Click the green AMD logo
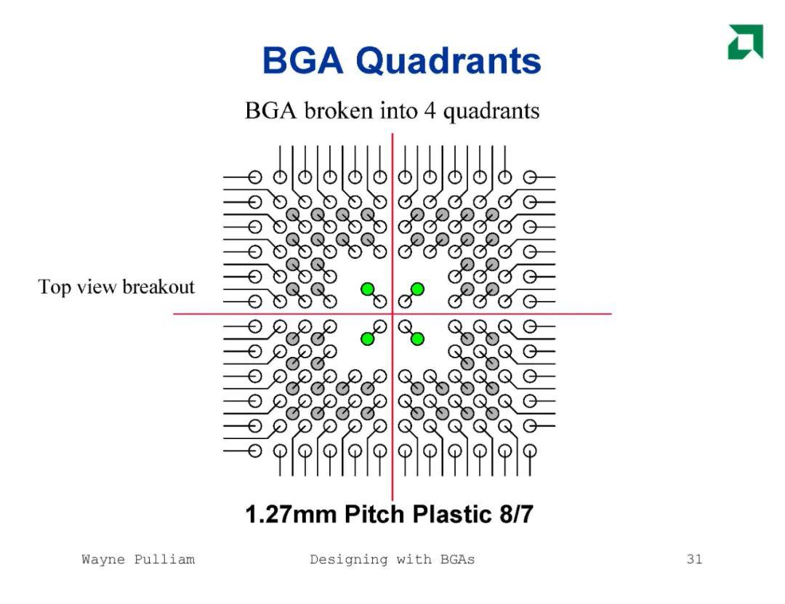[746, 41]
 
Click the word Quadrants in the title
[448, 60]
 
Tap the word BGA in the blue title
[303, 60]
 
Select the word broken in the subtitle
[339, 110]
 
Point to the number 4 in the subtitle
[430, 110]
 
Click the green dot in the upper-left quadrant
[368, 289]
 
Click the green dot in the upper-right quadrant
[417, 289]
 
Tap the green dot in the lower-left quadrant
[368, 339]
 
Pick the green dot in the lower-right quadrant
[417, 339]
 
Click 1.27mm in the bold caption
[291, 515]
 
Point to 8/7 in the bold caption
[516, 515]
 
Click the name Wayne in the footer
[103, 560]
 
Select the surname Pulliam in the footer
[164, 560]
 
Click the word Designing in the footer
[348, 560]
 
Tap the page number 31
[694, 559]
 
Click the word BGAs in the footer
[458, 560]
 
